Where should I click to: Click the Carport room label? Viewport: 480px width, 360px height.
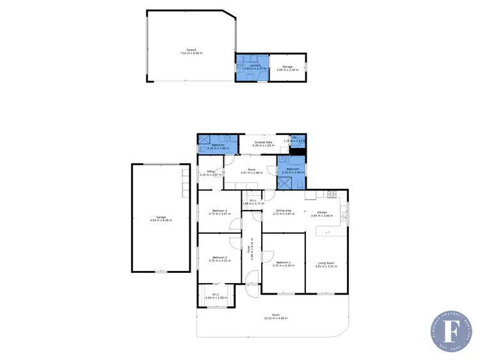[190, 51]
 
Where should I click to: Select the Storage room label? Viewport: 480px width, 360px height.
[287, 67]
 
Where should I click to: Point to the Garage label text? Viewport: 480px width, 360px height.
[161, 218]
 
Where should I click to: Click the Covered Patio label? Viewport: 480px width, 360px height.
[264, 143]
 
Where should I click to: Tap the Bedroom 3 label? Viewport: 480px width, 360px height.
[219, 211]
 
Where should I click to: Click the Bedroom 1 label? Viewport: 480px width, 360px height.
[284, 263]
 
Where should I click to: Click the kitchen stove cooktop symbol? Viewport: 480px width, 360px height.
[331, 193]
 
